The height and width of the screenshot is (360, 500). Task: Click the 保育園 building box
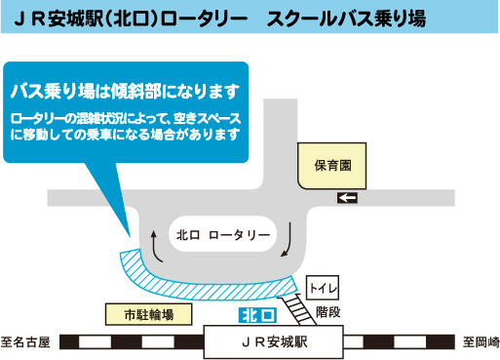coord(331,166)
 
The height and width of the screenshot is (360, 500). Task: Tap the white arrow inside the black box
coord(347,199)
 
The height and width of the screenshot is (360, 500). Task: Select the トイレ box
coord(321,289)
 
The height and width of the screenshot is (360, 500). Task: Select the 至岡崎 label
coord(480,342)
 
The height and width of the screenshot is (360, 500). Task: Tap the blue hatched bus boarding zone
coord(195,284)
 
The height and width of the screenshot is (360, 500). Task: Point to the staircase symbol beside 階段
coord(297,310)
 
